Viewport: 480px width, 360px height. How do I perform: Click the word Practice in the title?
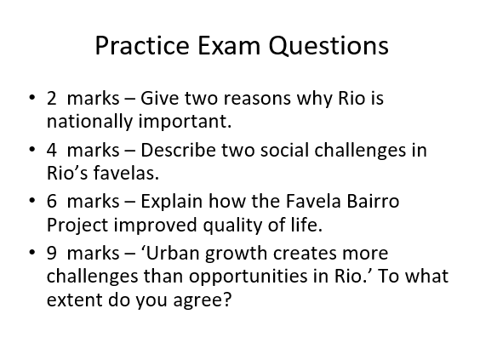[142, 45]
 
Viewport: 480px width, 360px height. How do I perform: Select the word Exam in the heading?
[229, 45]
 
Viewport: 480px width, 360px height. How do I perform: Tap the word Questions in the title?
[329, 46]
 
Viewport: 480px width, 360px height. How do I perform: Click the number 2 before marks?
[51, 98]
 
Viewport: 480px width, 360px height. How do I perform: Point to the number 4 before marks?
[52, 150]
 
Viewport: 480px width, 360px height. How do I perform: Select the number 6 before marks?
[52, 201]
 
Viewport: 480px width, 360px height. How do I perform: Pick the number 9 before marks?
[52, 253]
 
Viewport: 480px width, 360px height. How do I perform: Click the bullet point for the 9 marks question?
[31, 253]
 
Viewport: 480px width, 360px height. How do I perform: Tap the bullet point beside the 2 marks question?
[31, 98]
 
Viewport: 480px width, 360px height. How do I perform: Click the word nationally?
[89, 122]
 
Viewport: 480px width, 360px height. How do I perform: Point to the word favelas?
[126, 173]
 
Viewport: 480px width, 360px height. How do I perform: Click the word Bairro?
[373, 201]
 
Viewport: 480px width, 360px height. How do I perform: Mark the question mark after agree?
[227, 299]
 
